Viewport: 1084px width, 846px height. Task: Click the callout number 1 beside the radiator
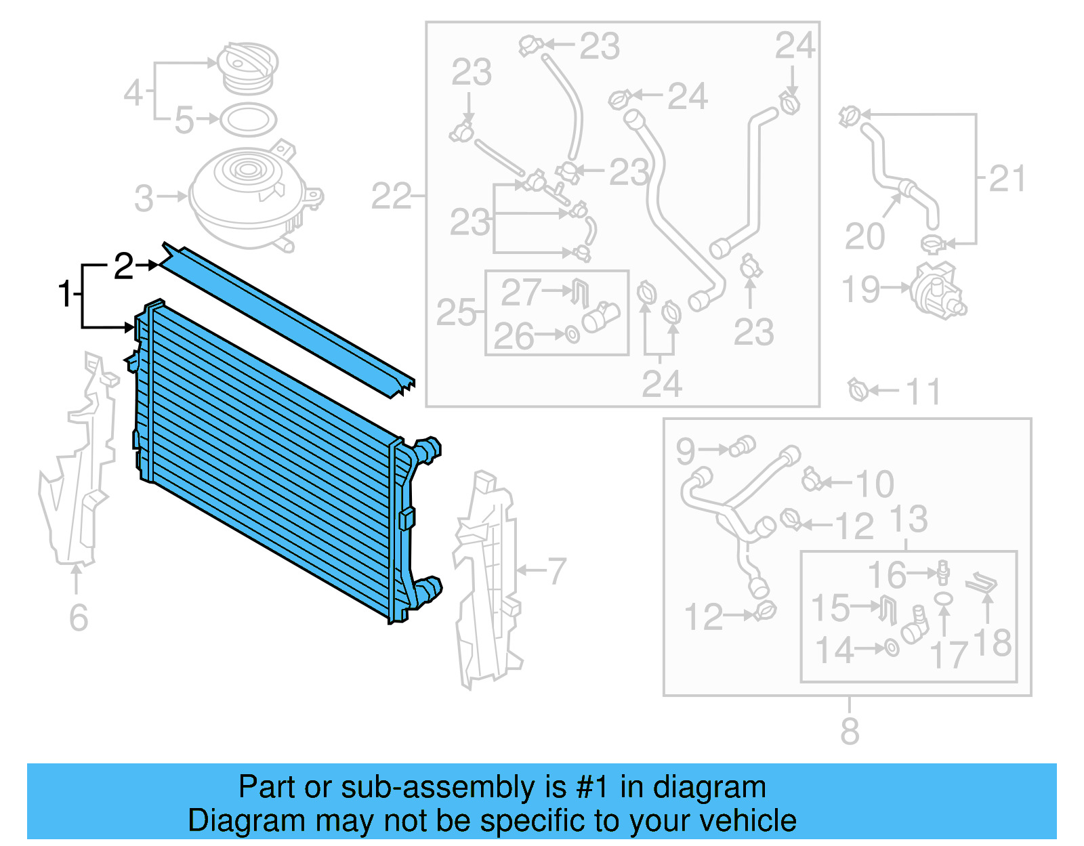64,294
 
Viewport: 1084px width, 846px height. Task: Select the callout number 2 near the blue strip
123,266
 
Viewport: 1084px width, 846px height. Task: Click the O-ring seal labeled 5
249,120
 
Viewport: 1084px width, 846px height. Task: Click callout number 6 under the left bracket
79,617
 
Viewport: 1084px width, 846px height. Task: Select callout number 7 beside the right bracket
556,570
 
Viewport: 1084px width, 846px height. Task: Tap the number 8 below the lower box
850,731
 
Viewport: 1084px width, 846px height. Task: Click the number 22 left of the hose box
391,196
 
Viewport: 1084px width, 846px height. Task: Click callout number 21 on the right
1007,179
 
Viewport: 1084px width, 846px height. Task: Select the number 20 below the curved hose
864,236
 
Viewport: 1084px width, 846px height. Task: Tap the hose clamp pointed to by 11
858,390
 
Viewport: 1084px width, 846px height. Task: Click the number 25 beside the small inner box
456,312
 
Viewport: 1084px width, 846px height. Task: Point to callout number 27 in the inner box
520,293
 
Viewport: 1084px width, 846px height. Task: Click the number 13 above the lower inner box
908,519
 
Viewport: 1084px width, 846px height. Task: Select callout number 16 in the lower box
886,574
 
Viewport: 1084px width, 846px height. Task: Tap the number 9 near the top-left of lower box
686,450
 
